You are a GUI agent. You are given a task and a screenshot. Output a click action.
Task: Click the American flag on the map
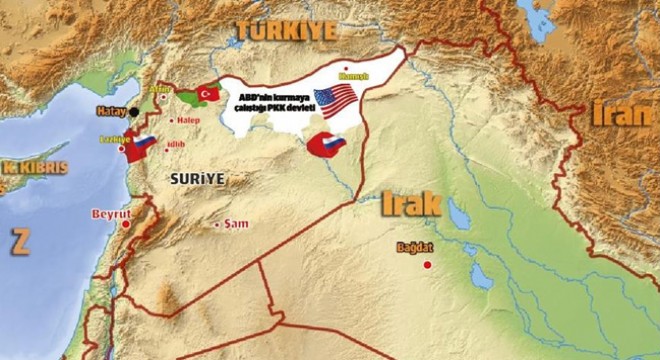point(335,99)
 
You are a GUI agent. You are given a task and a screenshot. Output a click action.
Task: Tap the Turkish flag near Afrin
point(209,93)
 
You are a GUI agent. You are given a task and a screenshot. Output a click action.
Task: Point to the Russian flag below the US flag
point(325,146)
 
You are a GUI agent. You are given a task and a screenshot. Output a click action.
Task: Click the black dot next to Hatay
point(134,111)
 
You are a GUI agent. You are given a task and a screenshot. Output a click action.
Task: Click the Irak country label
point(410,204)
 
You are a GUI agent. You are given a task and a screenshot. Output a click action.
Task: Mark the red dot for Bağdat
point(428,264)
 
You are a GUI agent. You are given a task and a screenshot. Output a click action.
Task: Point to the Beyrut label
point(110,214)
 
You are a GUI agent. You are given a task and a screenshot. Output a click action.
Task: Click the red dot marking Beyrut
point(126,224)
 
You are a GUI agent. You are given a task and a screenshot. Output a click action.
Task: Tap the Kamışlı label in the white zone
point(356,76)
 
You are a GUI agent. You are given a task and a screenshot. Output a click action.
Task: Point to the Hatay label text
point(110,111)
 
